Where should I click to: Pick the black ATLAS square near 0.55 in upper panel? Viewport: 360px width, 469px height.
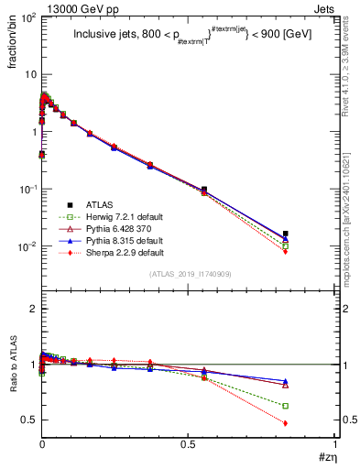pyautogui.click(x=203, y=190)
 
